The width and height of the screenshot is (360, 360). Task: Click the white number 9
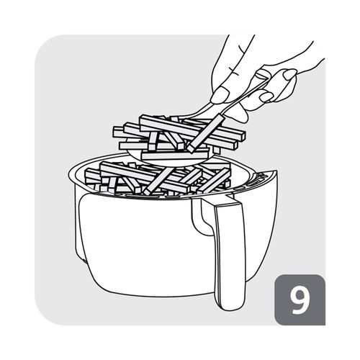(300, 300)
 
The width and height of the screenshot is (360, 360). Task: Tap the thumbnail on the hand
(289, 74)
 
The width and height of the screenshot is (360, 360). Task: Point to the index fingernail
(219, 96)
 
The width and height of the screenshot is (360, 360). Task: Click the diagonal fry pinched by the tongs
(206, 132)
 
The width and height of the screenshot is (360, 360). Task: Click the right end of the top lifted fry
(243, 136)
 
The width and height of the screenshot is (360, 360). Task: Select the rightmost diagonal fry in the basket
(215, 179)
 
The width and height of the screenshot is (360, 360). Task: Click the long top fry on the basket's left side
(144, 176)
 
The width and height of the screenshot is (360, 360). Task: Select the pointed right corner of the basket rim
(276, 171)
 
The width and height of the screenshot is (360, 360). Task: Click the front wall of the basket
(144, 243)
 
